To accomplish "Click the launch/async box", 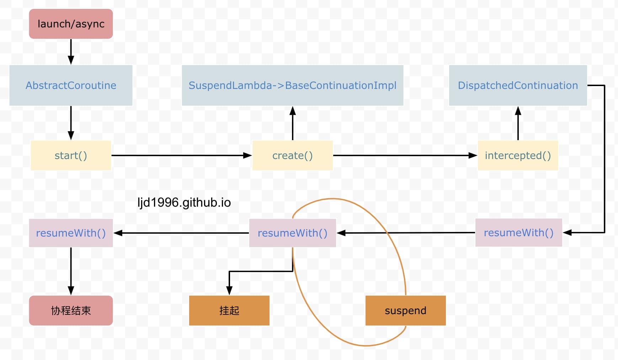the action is [71, 24].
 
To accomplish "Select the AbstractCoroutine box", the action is [71, 85].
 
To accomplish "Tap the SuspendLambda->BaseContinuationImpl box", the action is [292, 85].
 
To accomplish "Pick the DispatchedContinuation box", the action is [518, 85].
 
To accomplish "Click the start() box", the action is [71, 155].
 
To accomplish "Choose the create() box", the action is [292, 155].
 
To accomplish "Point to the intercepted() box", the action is [518, 155].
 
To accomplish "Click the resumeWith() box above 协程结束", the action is [71, 233].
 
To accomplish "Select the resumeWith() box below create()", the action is [292, 233].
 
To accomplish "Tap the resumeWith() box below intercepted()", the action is [518, 233].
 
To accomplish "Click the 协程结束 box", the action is [71, 311].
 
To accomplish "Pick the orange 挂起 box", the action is [229, 311].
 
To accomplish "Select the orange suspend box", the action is [405, 311].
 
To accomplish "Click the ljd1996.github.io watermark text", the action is [184, 202].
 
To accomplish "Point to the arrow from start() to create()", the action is [182, 155].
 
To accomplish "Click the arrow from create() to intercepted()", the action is [405, 155].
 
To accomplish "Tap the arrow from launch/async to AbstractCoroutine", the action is [71, 52].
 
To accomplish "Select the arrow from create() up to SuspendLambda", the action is [293, 123].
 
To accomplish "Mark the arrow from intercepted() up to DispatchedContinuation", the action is [518, 123].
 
